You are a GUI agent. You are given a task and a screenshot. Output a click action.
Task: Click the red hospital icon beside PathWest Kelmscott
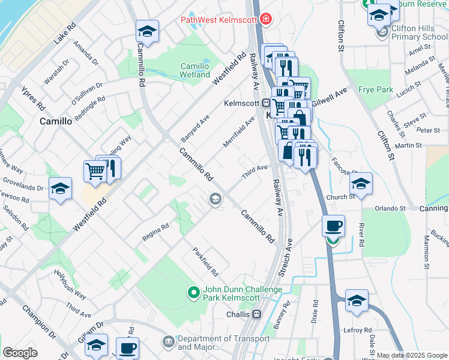coord(265,20)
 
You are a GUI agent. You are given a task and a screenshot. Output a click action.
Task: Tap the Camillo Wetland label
coord(195,71)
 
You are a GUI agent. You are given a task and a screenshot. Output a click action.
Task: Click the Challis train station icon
coord(256,314)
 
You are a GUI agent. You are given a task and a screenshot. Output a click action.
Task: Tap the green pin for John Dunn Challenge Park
coord(193,293)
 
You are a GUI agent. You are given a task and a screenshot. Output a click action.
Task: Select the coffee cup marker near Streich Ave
coord(333,226)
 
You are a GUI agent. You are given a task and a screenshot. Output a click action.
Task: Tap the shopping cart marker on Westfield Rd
coord(95,171)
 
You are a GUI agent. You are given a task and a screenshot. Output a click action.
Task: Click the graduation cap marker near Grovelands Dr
coord(60,189)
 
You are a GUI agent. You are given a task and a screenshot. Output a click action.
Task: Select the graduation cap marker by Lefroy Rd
coord(357,301)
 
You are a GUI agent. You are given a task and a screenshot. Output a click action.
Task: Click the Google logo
coord(19,353)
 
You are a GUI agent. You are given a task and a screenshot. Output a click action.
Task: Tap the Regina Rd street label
coord(155,231)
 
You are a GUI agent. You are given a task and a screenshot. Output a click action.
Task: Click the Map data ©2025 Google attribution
coord(412,355)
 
